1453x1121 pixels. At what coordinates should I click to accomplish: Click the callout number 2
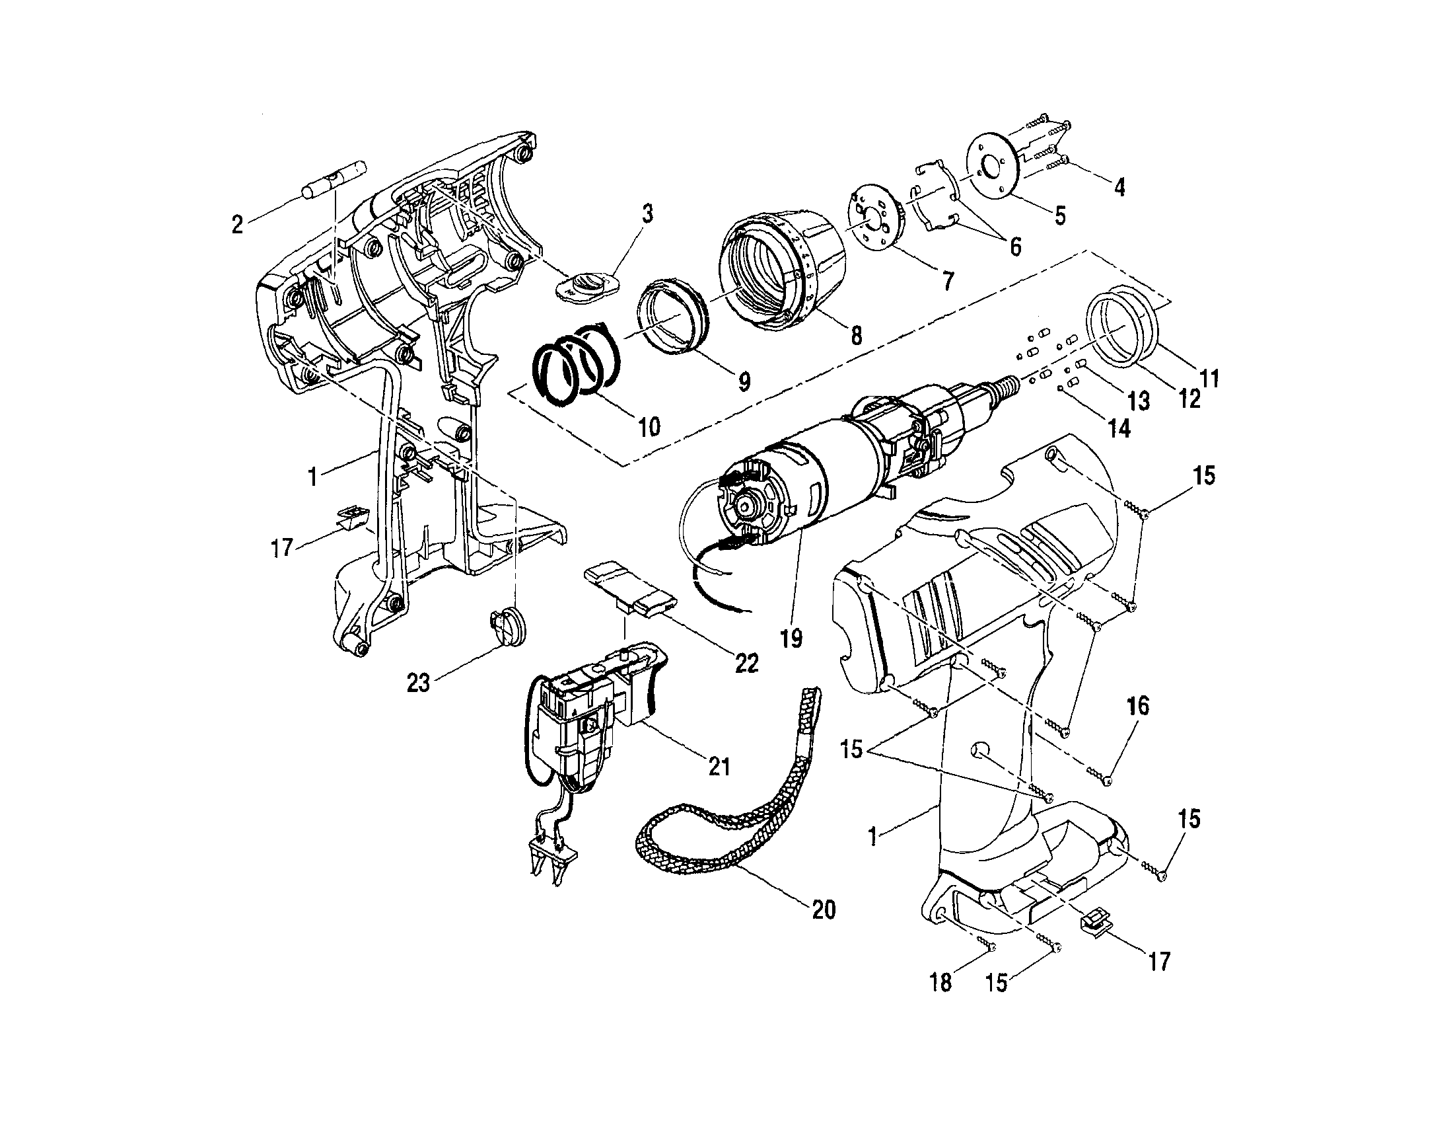click(x=237, y=225)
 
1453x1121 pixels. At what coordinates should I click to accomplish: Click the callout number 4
click(x=1119, y=188)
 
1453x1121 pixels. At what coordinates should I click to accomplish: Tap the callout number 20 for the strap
click(x=824, y=909)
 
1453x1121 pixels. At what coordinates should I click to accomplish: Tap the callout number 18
click(x=940, y=983)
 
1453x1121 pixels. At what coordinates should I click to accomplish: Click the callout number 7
click(x=947, y=280)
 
